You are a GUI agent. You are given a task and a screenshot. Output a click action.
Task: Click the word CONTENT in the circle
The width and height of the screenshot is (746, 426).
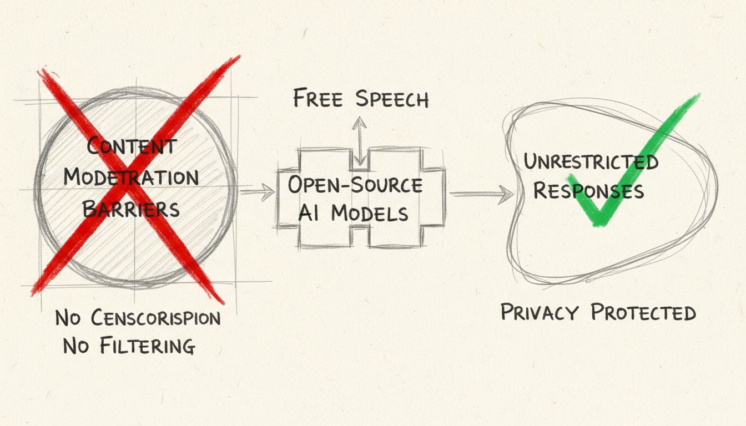point(132,146)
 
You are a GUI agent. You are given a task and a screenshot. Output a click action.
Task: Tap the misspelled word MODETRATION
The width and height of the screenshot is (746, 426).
point(131,177)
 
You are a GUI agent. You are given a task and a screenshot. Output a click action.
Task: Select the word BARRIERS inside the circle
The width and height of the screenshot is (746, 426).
point(131,209)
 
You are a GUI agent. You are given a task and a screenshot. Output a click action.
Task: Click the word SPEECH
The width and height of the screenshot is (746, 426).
point(392,99)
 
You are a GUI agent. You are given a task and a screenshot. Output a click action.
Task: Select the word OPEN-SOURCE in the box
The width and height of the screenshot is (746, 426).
point(355,185)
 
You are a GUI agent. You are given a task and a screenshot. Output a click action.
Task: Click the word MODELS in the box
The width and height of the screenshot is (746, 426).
point(370,213)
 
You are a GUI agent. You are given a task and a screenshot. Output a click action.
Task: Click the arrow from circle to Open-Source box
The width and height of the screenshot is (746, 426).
point(256,192)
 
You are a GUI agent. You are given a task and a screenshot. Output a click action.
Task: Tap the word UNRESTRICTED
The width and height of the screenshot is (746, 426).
point(591,162)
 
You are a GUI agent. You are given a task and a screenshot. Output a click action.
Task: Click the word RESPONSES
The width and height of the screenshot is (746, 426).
point(588,190)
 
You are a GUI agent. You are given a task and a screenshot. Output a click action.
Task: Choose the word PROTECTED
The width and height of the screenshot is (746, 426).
point(643,312)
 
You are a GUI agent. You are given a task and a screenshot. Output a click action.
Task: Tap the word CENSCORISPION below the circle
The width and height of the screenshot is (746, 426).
point(155,318)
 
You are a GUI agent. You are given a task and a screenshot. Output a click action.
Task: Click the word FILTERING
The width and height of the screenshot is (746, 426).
point(148,346)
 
